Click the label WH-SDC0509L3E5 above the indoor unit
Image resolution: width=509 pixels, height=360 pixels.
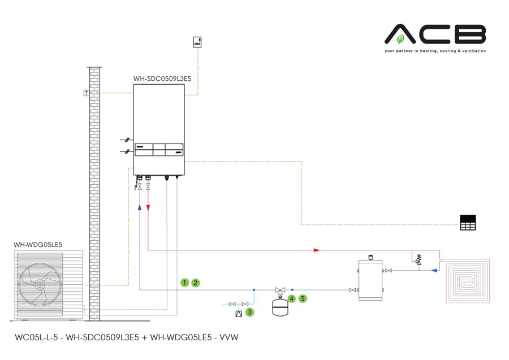162,79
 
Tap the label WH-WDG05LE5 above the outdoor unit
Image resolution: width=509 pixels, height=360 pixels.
38,244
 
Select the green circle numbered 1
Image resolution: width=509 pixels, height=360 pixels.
184,282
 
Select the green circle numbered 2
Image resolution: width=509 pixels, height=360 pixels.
196,282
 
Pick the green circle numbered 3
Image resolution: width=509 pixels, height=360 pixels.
249,311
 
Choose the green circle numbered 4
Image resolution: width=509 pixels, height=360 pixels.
292,297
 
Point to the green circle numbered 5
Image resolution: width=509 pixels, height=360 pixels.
303,297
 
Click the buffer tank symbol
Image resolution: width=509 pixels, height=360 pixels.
370,279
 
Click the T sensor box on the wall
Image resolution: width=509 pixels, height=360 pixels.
86,93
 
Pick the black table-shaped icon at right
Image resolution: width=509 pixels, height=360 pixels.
468,223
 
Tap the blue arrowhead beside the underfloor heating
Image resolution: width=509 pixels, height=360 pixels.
434,270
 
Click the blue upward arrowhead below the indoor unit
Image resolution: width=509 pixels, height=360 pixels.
140,207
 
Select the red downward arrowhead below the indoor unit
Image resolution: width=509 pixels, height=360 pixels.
148,208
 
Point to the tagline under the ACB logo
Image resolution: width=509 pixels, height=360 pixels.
435,51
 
